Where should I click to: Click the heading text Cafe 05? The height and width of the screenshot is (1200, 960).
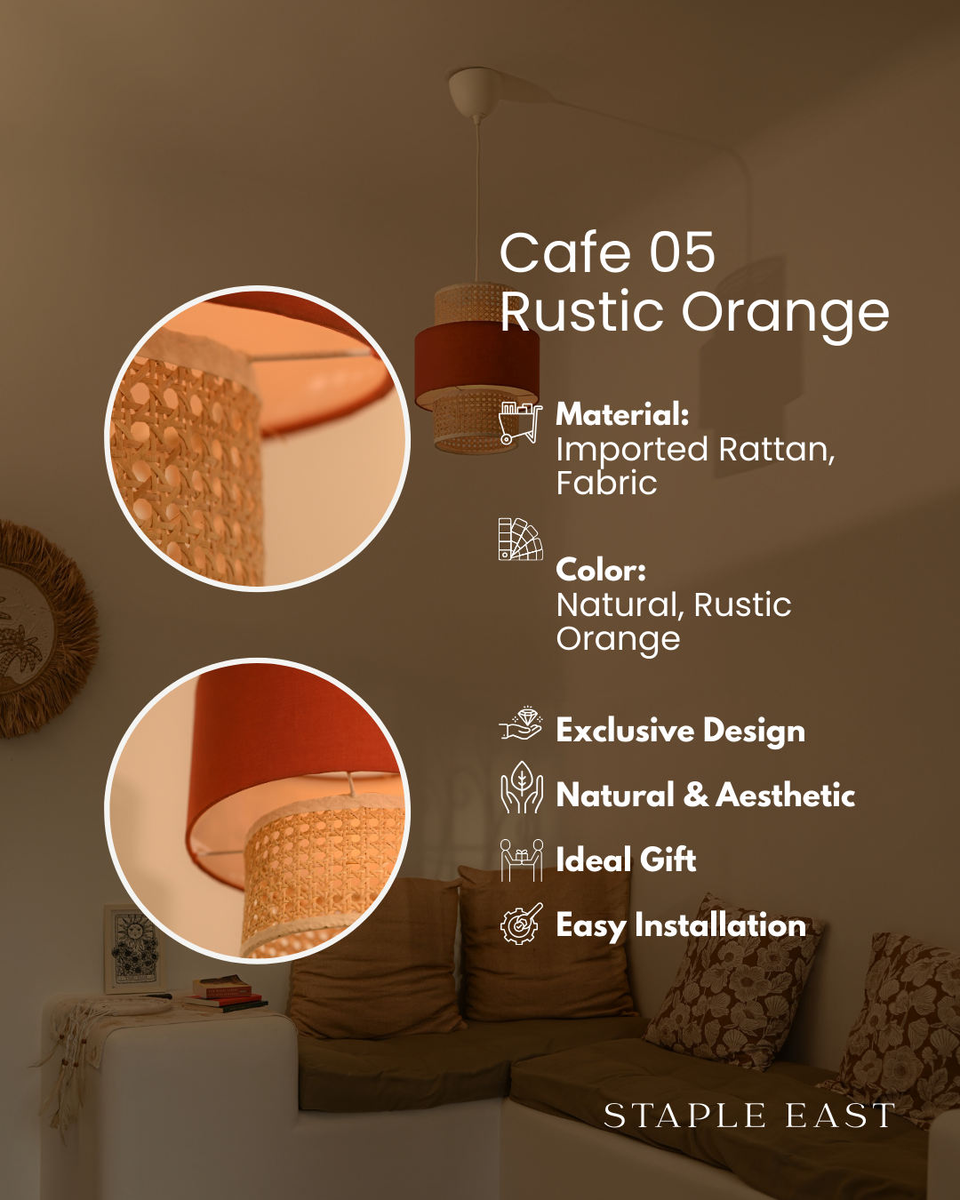click(607, 252)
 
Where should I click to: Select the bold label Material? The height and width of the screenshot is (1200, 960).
click(622, 414)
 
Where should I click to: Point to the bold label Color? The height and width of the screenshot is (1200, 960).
click(601, 570)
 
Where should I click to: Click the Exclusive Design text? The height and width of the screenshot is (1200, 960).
click(681, 731)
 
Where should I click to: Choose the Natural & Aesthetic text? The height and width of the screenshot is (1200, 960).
click(706, 795)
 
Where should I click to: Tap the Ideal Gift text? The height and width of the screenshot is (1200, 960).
click(626, 860)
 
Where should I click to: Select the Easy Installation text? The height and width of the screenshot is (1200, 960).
click(681, 925)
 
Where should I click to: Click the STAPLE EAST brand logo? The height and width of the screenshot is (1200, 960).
click(749, 1116)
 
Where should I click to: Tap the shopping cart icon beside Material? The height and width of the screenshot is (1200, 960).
click(520, 422)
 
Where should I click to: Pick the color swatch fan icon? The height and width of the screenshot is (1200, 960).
click(520, 540)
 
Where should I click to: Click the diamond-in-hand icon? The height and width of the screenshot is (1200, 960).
click(520, 724)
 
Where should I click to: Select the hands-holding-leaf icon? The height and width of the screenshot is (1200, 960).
click(522, 787)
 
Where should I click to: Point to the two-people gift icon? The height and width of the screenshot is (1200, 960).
click(522, 860)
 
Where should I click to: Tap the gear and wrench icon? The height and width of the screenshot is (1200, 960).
click(521, 924)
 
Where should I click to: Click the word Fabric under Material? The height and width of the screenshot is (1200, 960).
click(607, 483)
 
